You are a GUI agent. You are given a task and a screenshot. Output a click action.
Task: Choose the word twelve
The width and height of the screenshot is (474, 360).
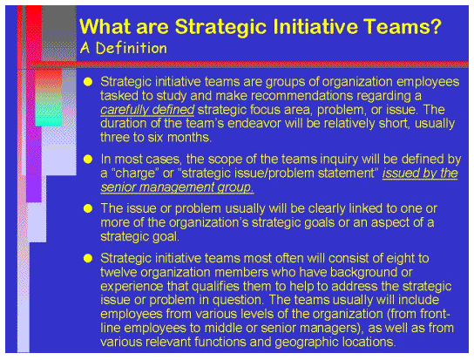pyautogui.click(x=120, y=273)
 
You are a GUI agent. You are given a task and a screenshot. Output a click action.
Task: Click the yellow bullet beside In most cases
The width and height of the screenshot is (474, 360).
pyautogui.click(x=87, y=160)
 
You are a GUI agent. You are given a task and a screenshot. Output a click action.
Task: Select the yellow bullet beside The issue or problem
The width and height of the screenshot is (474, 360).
pyautogui.click(x=87, y=209)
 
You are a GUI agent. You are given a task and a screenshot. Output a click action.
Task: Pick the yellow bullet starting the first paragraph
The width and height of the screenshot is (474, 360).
pyautogui.click(x=87, y=82)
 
